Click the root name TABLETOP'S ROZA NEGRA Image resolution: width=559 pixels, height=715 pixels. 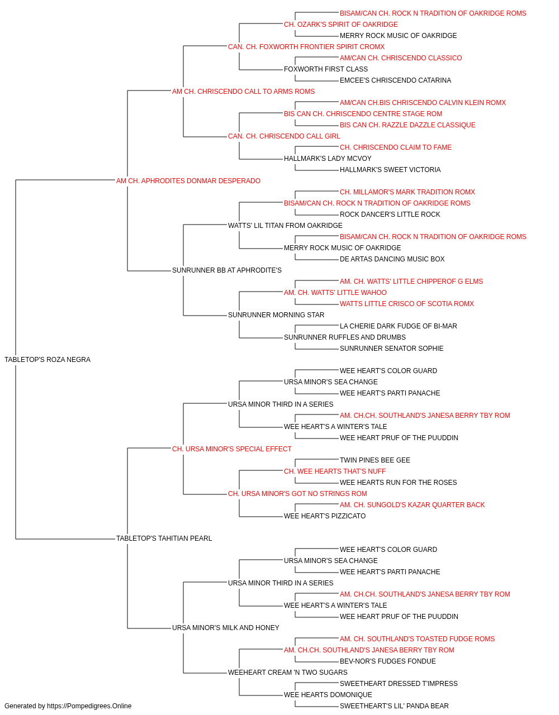[48, 360]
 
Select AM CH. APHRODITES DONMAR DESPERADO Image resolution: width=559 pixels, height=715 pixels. [188, 181]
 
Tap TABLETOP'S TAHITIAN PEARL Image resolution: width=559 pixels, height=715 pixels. [164, 538]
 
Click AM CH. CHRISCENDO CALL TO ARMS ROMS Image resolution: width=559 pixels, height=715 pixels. [243, 92]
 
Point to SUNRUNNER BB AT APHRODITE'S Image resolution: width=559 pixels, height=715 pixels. [227, 270]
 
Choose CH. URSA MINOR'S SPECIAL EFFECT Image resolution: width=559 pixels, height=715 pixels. [232, 449]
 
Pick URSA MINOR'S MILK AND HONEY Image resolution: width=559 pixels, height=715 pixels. [225, 628]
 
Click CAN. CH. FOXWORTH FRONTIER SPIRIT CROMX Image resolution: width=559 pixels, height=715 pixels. [306, 47]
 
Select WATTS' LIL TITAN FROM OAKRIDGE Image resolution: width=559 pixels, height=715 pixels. [285, 225]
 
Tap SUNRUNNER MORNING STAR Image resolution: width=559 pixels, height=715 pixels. [276, 315]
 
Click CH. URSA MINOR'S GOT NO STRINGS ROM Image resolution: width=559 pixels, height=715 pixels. [297, 494]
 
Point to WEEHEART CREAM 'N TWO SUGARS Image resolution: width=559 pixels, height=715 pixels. [288, 673]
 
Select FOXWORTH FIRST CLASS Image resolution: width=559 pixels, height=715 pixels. [326, 69]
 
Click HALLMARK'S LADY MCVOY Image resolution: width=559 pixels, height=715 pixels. [328, 159]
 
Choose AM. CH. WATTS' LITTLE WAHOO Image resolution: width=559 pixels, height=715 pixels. [335, 293]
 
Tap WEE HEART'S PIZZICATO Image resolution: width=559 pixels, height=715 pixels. [325, 516]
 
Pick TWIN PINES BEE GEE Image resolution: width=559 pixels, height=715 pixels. [375, 460]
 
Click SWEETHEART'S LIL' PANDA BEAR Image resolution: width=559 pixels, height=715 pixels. [394, 706]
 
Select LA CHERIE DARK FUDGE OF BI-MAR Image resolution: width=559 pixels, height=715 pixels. [399, 326]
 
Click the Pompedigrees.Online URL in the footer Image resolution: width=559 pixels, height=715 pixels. [89, 706]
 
